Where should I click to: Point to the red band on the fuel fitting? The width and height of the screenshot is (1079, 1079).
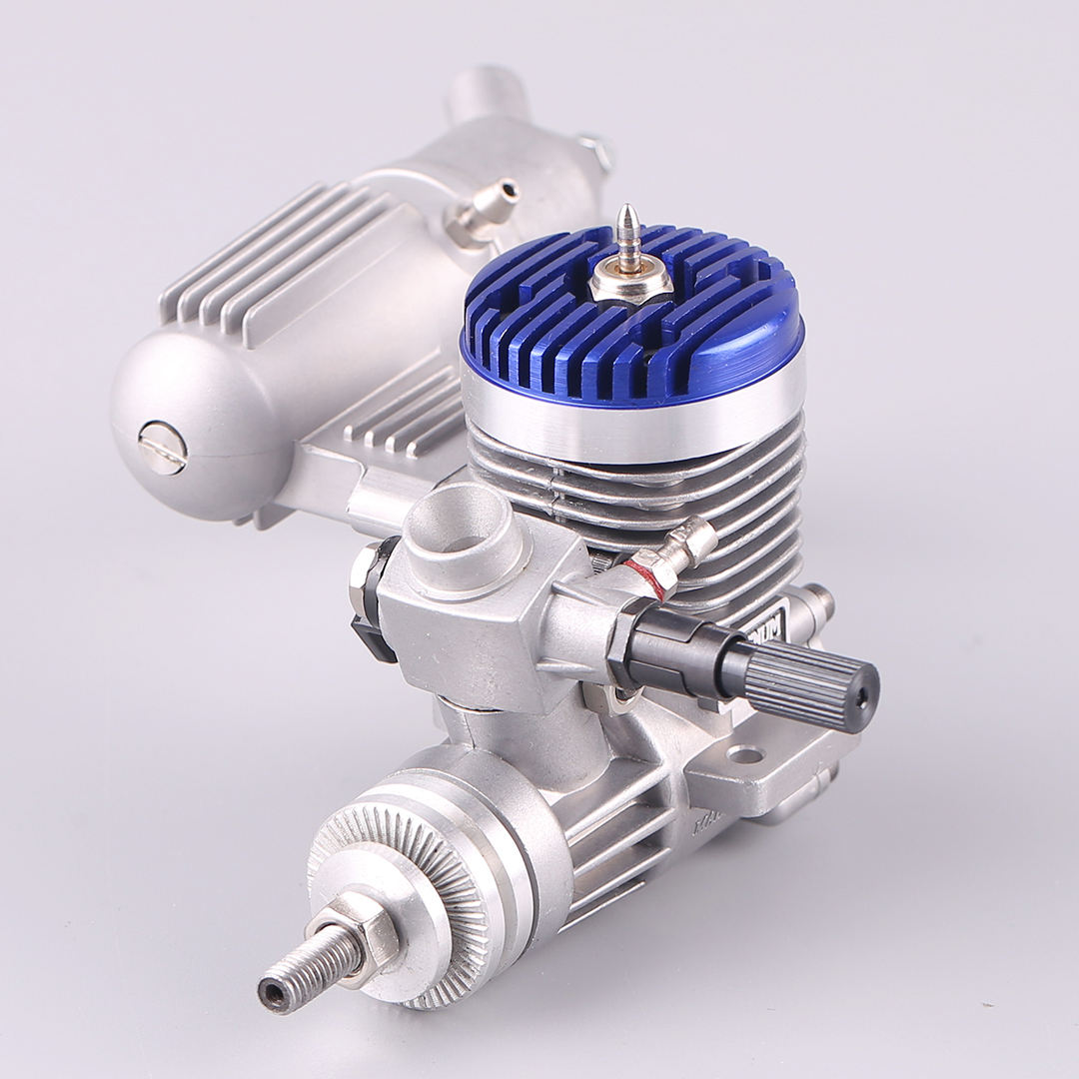tap(648, 579)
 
